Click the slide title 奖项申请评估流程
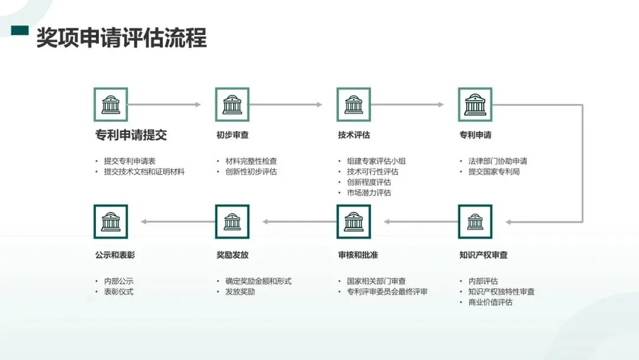[x=121, y=38]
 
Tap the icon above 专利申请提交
[x=111, y=105]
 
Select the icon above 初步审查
[x=232, y=105]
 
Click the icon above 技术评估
[x=354, y=105]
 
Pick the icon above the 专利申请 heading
[x=475, y=105]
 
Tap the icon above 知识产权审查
[x=475, y=222]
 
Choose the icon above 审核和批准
[x=354, y=222]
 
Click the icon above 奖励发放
[x=232, y=222]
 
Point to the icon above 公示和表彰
[x=111, y=222]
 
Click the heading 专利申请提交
[x=131, y=135]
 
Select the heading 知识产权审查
[x=483, y=255]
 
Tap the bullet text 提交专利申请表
[x=130, y=161]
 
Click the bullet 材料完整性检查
[x=251, y=161]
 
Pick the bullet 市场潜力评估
[x=369, y=193]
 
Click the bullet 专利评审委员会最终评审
[x=387, y=292]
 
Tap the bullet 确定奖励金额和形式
[x=259, y=281]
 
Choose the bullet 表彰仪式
[x=119, y=292]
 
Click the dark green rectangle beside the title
[x=20, y=31]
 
